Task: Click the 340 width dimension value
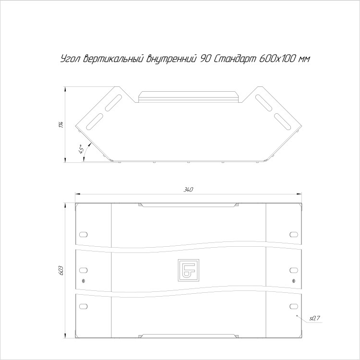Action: pyautogui.click(x=188, y=190)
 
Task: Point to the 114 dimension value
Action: pyautogui.click(x=61, y=124)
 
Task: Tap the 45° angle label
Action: pyautogui.click(x=81, y=149)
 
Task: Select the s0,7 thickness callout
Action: pyautogui.click(x=314, y=318)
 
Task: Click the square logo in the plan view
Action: pyautogui.click(x=188, y=270)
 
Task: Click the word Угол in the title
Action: pyautogui.click(x=70, y=59)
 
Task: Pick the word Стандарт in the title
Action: pyautogui.click(x=235, y=59)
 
